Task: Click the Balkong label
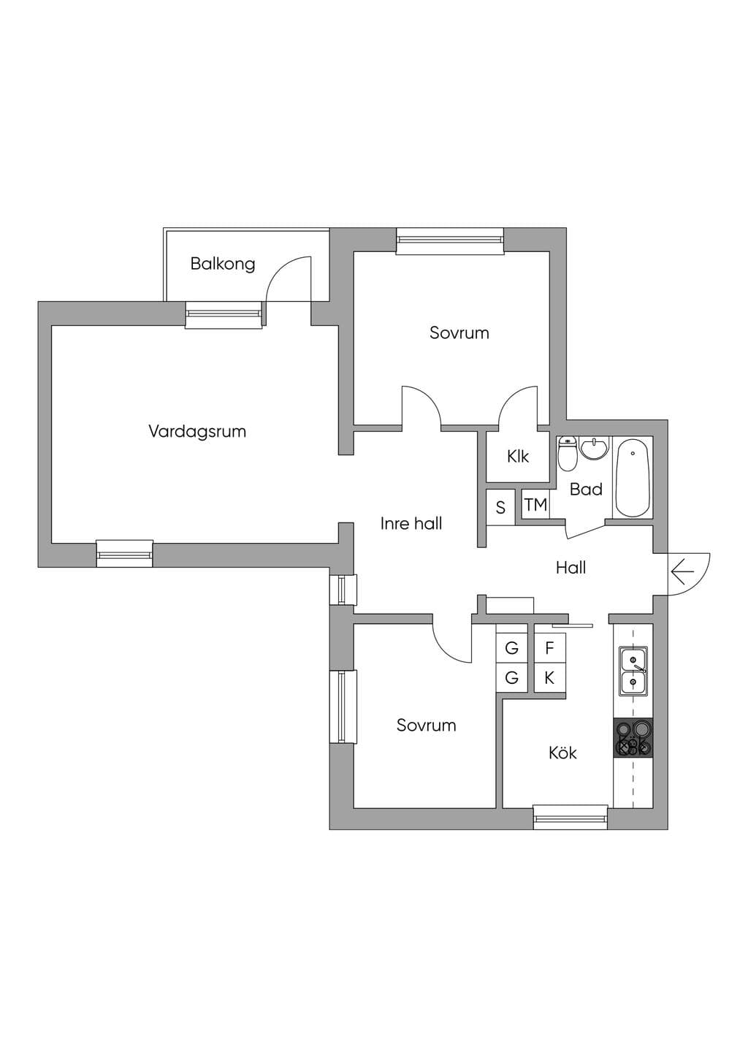(x=222, y=264)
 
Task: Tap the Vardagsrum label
(x=197, y=431)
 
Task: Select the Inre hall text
(x=411, y=523)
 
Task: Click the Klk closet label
(x=518, y=456)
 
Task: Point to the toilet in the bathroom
(x=567, y=454)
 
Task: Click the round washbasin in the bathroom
(x=595, y=448)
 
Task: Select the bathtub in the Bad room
(x=633, y=478)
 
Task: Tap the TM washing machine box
(x=535, y=505)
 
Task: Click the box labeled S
(x=500, y=507)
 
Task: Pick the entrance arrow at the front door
(x=682, y=572)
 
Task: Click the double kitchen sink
(x=633, y=670)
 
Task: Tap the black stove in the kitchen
(x=633, y=738)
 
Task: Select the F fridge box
(x=549, y=648)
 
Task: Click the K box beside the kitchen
(x=549, y=678)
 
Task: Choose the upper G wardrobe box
(x=511, y=648)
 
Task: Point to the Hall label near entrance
(x=571, y=567)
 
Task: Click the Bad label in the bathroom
(x=586, y=490)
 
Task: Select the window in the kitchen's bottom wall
(x=570, y=817)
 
